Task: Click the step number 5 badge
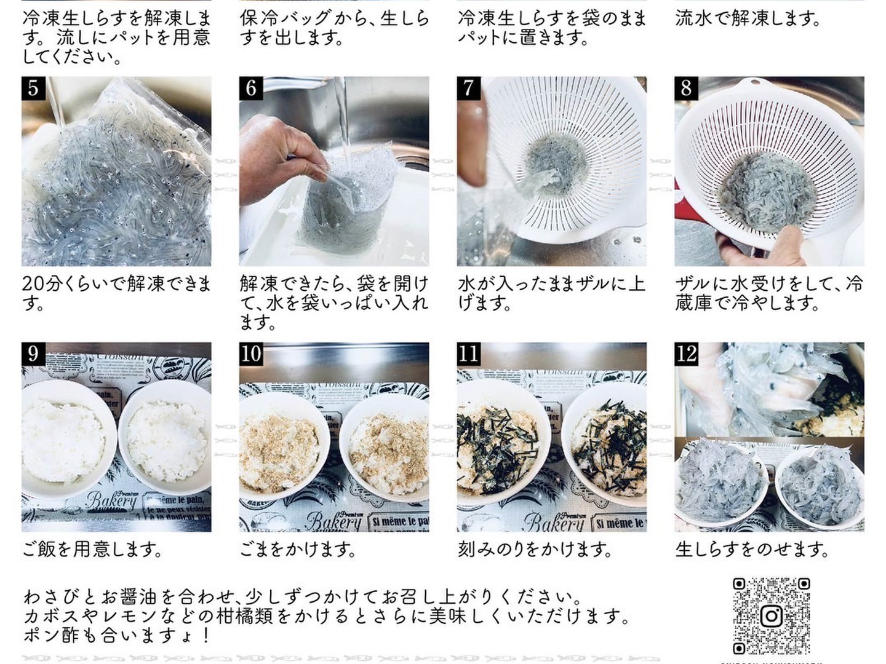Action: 33,89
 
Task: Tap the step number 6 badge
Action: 251,89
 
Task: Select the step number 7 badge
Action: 469,89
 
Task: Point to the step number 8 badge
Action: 686,89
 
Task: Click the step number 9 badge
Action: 33,354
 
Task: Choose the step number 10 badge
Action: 251,354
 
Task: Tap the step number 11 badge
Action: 469,354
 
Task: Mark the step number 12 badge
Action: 686,354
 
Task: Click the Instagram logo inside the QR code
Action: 772,616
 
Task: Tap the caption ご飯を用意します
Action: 92,549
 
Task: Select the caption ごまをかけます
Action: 298,549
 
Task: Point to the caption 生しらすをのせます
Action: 752,549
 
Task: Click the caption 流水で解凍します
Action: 748,18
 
